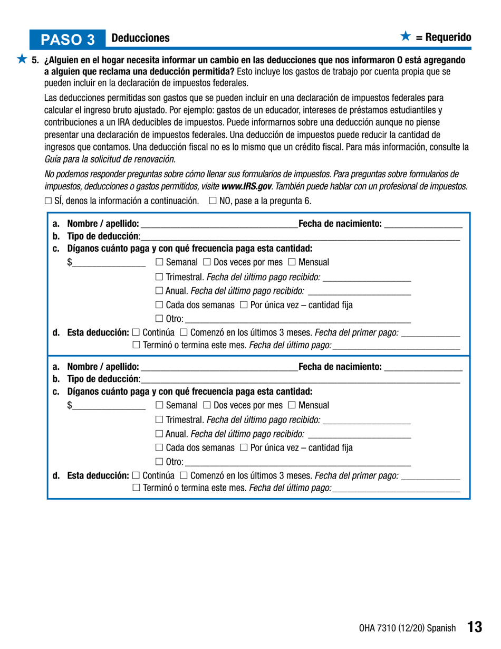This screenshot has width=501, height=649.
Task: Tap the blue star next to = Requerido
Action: pos(405,36)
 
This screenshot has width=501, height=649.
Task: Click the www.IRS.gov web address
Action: pos(244,186)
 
